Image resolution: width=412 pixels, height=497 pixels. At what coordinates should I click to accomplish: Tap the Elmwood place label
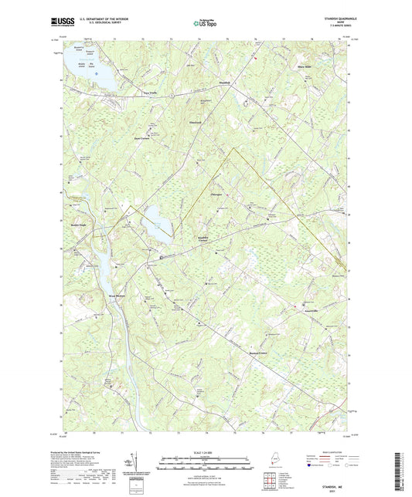coord(196,120)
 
